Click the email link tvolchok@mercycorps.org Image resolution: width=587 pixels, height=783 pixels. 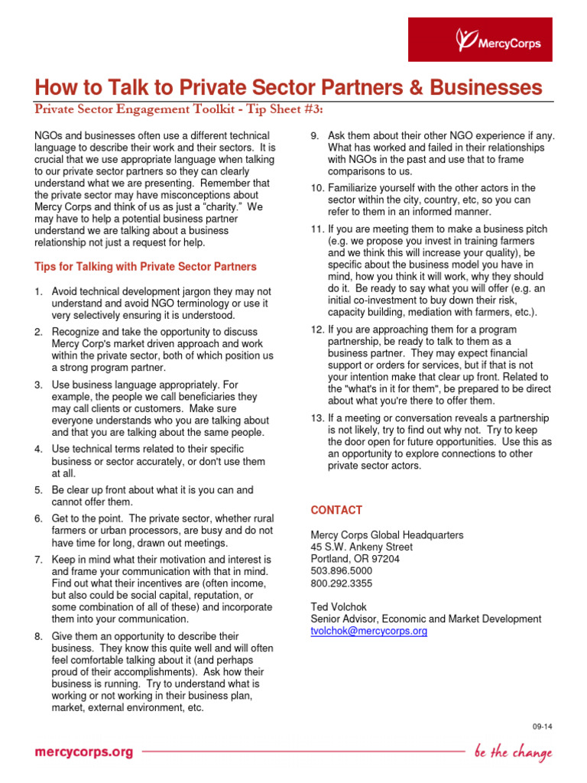click(368, 631)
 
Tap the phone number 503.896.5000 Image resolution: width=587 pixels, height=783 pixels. click(342, 570)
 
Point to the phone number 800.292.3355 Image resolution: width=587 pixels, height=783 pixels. click(342, 583)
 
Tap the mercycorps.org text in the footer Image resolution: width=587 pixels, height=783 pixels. click(83, 752)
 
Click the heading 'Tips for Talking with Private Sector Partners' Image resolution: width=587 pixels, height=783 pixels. click(145, 267)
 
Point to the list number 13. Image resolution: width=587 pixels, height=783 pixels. click(317, 417)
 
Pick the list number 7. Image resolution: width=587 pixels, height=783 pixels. click(38, 560)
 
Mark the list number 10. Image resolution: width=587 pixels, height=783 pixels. click(317, 187)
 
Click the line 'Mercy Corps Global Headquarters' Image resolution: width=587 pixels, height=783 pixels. click(387, 534)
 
